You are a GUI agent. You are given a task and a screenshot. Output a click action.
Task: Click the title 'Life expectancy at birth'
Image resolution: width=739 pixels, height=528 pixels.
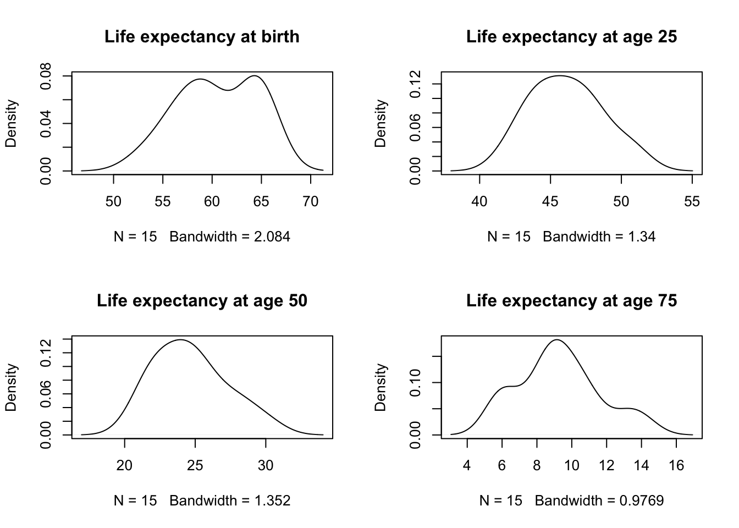pyautogui.click(x=202, y=37)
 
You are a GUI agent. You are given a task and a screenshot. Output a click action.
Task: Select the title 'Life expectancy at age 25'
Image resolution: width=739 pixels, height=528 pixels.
pyautogui.click(x=571, y=37)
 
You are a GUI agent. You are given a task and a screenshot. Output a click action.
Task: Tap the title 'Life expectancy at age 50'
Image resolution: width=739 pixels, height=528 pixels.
pyautogui.click(x=202, y=301)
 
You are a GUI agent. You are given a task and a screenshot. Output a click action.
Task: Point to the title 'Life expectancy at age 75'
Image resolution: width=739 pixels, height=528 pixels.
pyautogui.click(x=571, y=301)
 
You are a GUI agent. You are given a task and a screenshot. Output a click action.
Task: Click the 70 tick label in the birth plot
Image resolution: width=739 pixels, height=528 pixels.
pyautogui.click(x=311, y=202)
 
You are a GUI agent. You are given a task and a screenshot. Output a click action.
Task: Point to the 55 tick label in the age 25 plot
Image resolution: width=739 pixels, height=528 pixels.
pyautogui.click(x=692, y=202)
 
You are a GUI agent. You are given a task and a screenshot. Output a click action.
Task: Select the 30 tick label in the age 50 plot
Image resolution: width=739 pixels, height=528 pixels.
pyautogui.click(x=266, y=466)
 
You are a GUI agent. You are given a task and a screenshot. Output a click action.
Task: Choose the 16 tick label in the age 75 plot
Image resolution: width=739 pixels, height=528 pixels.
pyautogui.click(x=676, y=466)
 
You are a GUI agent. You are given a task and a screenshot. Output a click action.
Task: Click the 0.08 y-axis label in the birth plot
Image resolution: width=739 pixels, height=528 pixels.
pyautogui.click(x=46, y=76)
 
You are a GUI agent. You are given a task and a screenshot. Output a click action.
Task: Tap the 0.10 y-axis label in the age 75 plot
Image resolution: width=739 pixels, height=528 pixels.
pyautogui.click(x=416, y=382)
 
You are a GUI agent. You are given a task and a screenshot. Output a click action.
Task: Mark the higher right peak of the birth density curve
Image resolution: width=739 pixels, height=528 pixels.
pyautogui.click(x=256, y=76)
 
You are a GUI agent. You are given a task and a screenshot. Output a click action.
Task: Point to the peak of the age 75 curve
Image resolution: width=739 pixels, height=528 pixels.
pyautogui.click(x=557, y=339)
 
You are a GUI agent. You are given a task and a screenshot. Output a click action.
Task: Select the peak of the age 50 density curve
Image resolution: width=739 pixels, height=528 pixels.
pyautogui.click(x=180, y=339)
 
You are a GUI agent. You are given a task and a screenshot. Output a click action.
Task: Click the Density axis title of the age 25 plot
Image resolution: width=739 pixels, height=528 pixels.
pyautogui.click(x=380, y=123)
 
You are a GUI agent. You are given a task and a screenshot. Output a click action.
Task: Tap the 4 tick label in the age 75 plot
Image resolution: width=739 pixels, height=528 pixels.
pyautogui.click(x=467, y=466)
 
